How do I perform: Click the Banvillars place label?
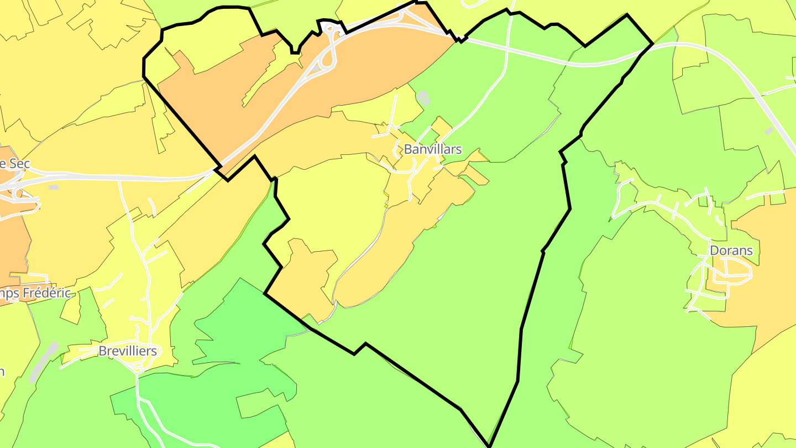click(x=432, y=149)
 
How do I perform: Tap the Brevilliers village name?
click(x=127, y=351)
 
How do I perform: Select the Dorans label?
click(x=731, y=251)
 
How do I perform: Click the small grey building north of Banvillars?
click(x=423, y=98)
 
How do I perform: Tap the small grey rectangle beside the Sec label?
click(x=54, y=187)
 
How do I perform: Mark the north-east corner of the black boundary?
click(x=653, y=43)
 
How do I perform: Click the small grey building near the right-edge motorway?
click(x=768, y=131)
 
